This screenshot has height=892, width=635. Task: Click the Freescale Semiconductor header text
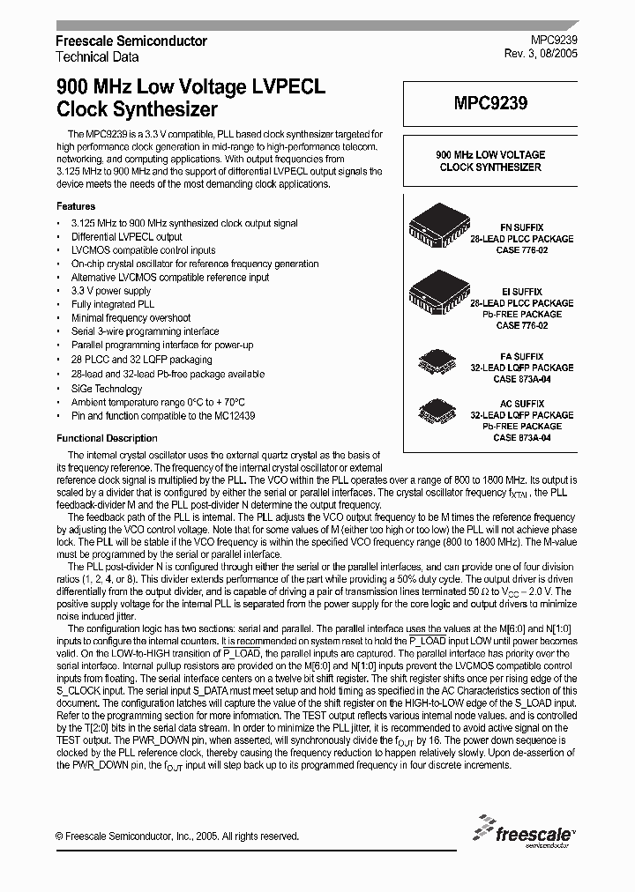click(x=131, y=41)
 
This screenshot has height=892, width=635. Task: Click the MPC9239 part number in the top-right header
click(x=555, y=41)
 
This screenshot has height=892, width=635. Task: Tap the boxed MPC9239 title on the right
click(x=490, y=103)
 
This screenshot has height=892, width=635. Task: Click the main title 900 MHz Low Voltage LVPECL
click(x=190, y=88)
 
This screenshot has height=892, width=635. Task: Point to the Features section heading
click(x=75, y=205)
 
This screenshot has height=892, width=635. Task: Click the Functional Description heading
click(x=107, y=438)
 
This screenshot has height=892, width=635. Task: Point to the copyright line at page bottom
click(x=176, y=836)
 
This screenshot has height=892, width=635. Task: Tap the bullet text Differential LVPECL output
click(x=126, y=236)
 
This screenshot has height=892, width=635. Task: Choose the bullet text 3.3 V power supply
click(x=111, y=291)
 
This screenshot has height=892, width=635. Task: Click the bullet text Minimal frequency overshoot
click(x=131, y=317)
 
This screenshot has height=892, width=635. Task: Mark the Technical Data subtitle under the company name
click(x=97, y=56)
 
